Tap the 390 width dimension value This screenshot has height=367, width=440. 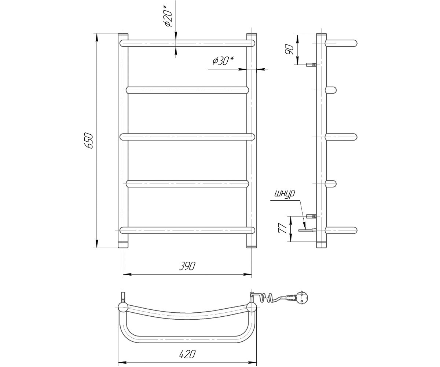(x=187, y=266)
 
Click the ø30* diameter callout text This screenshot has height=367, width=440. (x=223, y=61)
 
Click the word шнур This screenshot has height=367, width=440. (x=285, y=194)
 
